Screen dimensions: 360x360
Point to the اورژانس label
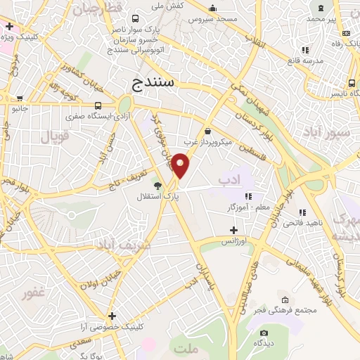(237, 241)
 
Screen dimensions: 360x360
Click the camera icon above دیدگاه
(264, 333)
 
